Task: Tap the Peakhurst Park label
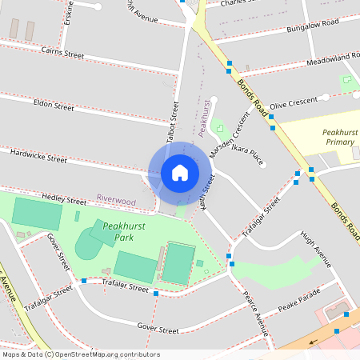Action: (112, 232)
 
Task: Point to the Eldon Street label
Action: (54, 104)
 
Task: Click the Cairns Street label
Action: (63, 53)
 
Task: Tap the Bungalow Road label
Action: (313, 26)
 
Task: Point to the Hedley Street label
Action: (64, 201)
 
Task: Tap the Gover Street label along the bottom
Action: (158, 330)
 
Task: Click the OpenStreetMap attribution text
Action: (80, 354)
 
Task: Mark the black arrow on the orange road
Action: (313, 341)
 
